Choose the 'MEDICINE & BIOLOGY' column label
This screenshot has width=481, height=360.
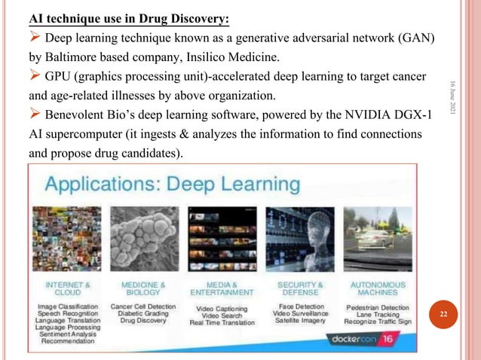tap(142, 288)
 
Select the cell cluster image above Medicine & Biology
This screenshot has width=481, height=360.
tap(142, 242)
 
